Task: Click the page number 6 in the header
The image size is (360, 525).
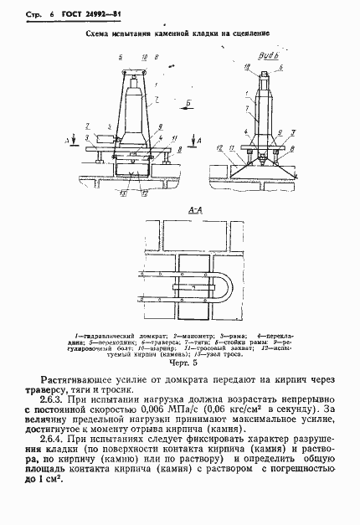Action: click(39, 15)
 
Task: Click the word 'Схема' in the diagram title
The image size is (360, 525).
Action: click(98, 37)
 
